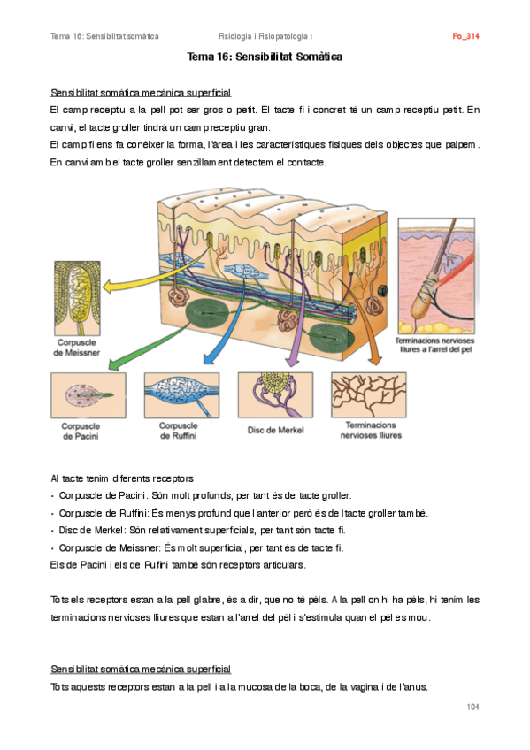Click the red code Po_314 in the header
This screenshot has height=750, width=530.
point(465,36)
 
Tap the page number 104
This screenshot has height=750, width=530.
point(472,707)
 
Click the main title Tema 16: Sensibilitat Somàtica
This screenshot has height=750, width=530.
point(265,57)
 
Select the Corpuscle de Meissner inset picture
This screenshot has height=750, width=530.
point(78,298)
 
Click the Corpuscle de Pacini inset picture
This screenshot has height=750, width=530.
point(88,395)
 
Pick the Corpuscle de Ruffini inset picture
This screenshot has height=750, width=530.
point(181,395)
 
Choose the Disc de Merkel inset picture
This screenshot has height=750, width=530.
point(275,395)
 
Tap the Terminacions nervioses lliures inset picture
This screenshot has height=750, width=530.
point(369,395)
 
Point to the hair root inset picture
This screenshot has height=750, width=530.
point(436,276)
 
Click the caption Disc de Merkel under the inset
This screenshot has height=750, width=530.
point(275,430)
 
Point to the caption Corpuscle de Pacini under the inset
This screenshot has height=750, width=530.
point(81,431)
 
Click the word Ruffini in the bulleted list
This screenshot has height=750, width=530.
point(134,513)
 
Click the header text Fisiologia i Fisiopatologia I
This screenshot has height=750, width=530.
point(265,36)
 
